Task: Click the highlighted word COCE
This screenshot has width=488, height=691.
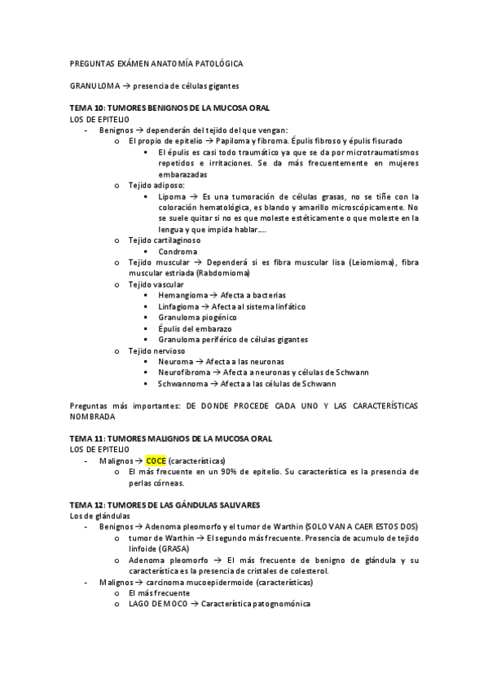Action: click(x=156, y=460)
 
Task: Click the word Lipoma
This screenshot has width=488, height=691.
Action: click(x=172, y=196)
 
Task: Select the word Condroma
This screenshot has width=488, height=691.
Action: click(x=178, y=251)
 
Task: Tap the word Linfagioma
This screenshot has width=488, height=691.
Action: click(x=181, y=306)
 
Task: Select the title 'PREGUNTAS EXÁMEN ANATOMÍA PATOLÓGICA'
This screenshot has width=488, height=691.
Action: click(x=155, y=63)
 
